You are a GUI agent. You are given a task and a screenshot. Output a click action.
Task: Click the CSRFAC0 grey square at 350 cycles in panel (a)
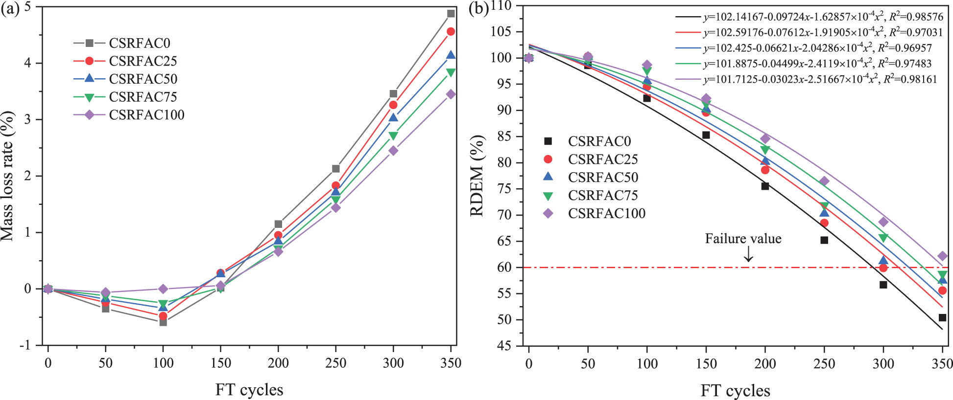[451, 14]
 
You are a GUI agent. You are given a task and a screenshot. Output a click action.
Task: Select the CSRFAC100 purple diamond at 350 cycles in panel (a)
[451, 94]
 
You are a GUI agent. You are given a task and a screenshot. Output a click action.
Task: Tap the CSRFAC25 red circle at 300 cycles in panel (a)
[393, 105]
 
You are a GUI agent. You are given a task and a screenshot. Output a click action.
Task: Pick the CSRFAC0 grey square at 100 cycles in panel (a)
[163, 322]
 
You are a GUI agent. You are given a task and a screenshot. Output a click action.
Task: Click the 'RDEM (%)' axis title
[477, 175]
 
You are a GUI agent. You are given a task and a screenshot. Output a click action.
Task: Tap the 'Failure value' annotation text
[743, 239]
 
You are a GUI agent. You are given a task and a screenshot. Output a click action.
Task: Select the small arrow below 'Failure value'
[748, 254]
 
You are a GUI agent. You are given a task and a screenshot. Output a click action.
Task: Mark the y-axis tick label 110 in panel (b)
[501, 6]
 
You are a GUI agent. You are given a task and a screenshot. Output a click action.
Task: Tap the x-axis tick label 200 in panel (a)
[278, 363]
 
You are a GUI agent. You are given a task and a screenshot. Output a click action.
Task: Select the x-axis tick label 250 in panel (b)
[824, 364]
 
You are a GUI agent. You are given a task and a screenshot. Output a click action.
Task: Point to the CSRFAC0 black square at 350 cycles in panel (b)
[942, 318]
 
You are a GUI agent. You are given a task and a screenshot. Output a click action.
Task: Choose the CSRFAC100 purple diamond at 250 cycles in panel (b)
[824, 181]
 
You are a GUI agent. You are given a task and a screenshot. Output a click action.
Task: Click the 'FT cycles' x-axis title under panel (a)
[249, 390]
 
